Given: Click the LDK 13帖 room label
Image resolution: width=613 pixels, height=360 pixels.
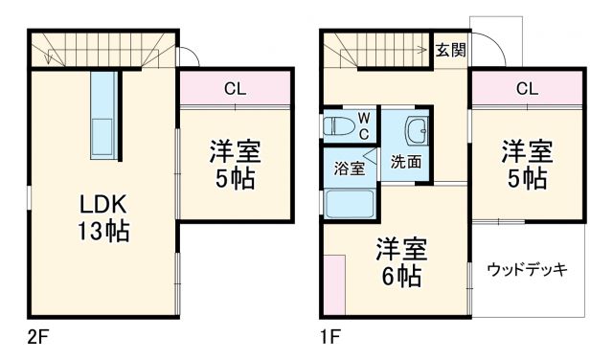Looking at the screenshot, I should tap(104, 217).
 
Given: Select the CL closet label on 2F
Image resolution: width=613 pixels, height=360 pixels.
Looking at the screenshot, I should tap(235, 89).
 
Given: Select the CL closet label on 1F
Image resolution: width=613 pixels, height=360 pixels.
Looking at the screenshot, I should tap(527, 89).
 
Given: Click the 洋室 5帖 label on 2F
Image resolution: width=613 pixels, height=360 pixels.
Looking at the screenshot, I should tap(235, 165).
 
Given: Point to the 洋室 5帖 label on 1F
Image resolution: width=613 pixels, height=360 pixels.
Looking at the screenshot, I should tap(528, 164).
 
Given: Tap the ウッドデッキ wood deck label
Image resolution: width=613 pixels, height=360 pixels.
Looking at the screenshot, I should tap(528, 269).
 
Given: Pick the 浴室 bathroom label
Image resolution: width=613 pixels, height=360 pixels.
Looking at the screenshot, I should tap(349, 169).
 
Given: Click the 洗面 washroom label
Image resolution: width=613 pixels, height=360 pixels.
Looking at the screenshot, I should tap(406, 161).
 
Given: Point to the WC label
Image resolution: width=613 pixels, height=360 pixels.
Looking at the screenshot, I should tap(364, 124).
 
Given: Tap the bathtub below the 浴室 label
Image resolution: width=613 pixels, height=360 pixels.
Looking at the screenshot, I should tap(351, 203).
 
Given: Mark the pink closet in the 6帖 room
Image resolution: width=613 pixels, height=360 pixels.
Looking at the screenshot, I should tap(334, 284).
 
